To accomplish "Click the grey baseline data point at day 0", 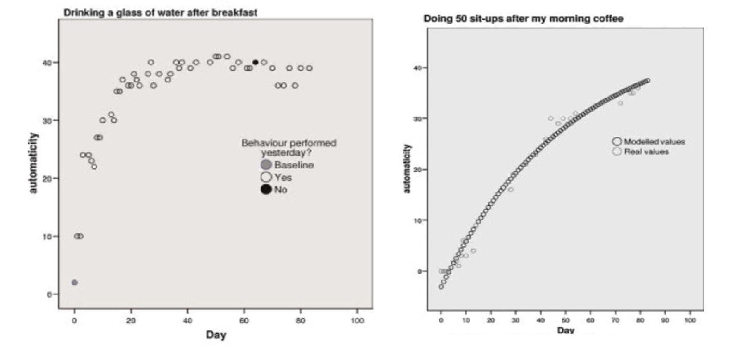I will [x=74, y=282].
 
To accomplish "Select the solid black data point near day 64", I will [x=255, y=62].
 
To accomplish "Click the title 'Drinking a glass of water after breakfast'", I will [x=160, y=12].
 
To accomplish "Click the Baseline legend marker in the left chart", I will [x=266, y=165].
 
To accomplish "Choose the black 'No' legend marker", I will [x=266, y=190].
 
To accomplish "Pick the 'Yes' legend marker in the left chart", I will [x=266, y=177].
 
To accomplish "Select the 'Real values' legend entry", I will [x=646, y=152].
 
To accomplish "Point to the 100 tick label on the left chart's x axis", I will [x=357, y=320].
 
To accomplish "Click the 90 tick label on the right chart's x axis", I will [x=665, y=320].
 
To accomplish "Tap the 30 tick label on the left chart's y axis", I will [x=47, y=120].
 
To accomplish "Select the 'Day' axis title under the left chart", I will [x=216, y=335].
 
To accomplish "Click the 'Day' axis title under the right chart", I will [x=565, y=330].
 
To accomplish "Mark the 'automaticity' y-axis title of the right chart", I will [x=407, y=169].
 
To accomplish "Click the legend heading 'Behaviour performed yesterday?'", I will [x=289, y=148].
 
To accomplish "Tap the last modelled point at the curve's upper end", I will [x=648, y=81].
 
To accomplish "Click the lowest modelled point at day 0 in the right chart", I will [x=441, y=286].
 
